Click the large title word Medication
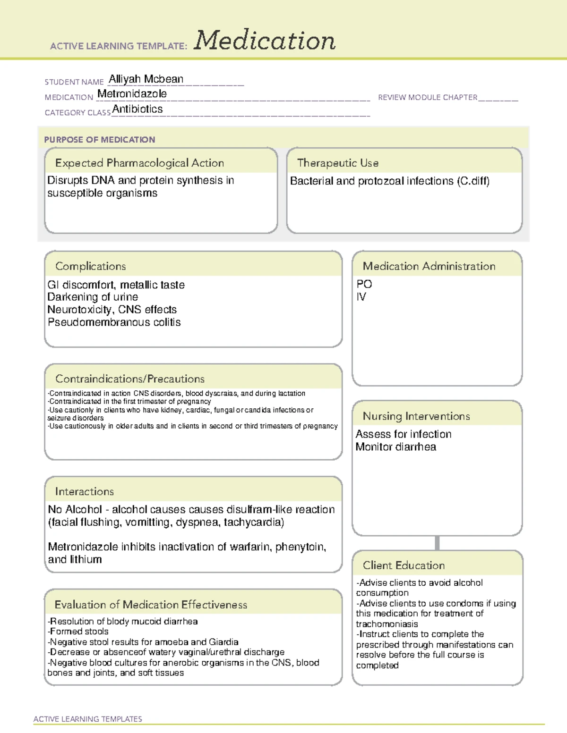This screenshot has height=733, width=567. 265,41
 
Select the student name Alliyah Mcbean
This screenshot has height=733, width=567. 146,79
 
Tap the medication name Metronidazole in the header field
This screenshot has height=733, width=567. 132,94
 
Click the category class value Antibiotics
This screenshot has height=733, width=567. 137,109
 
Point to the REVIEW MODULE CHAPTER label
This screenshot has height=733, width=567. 428,97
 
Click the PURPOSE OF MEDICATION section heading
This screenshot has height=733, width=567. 100,140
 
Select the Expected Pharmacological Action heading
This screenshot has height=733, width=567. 139,163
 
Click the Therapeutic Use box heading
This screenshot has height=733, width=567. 338,163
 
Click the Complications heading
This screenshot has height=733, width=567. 91,266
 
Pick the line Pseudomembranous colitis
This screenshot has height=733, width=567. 114,322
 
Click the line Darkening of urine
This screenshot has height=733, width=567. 93,297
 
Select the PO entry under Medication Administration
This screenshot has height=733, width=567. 364,284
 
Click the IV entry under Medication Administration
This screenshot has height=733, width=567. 361,297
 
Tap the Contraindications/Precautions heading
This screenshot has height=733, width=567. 130,379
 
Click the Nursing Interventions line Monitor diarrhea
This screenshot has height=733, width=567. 396,447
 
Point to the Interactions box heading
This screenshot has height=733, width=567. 85,492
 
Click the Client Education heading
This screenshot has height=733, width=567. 404,565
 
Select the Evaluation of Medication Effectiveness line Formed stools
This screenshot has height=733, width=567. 78,632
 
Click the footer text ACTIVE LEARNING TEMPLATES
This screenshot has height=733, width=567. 88,719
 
